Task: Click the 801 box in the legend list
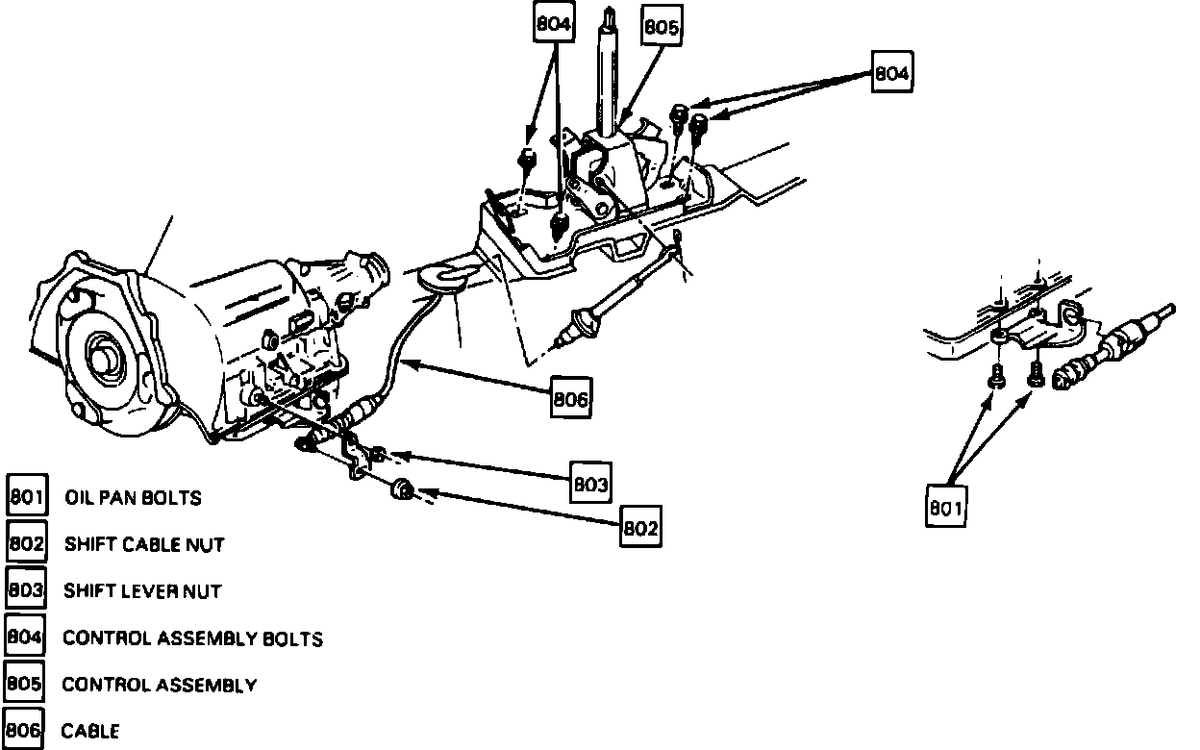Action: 26,497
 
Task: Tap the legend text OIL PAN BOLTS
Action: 133,498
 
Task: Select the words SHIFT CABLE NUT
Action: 144,544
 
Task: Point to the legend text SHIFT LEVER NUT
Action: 143,590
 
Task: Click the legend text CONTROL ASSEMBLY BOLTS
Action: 192,637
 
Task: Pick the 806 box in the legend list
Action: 24,730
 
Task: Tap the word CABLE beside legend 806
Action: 90,731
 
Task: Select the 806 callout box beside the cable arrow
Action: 570,399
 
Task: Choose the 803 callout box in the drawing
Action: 589,485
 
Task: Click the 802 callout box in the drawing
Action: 640,527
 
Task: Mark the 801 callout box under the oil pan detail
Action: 945,507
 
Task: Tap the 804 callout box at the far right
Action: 892,72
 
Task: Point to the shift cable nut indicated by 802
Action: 402,490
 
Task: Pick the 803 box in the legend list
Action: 26,589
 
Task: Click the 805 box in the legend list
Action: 24,684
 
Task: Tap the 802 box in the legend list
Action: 26,544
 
